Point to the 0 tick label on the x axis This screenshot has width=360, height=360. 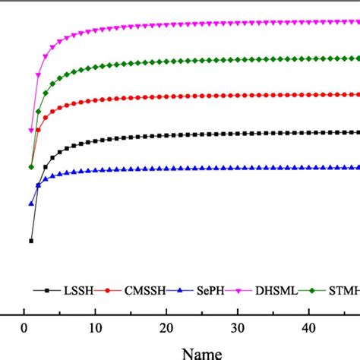point(24,328)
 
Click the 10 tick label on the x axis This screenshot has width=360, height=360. point(95,328)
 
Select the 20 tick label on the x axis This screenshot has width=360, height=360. point(166,328)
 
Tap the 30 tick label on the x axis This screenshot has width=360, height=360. point(238,328)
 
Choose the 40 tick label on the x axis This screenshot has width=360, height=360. point(308,328)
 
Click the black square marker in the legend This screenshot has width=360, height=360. point(47,290)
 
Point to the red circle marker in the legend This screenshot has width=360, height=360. point(109,290)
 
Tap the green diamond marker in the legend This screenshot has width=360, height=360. point(318,290)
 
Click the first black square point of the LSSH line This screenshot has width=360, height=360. point(31,241)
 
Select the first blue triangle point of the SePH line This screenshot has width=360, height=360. point(31,204)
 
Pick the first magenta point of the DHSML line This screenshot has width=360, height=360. point(31,131)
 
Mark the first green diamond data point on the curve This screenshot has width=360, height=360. point(31,167)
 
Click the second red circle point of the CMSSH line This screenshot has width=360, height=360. point(38,131)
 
